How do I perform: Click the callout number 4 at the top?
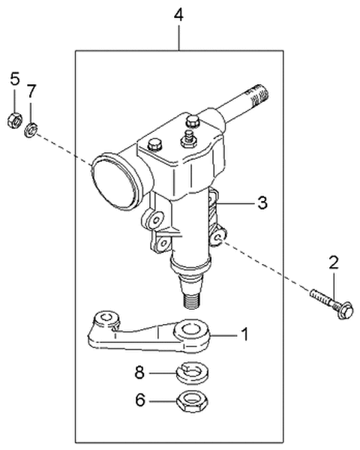[x=178, y=14]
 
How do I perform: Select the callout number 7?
[x=31, y=91]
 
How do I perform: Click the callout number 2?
[x=333, y=262]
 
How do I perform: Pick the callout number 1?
[x=243, y=333]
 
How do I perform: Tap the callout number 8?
[x=139, y=371]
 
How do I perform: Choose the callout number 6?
[x=139, y=401]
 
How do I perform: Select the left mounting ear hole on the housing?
[x=155, y=220]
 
